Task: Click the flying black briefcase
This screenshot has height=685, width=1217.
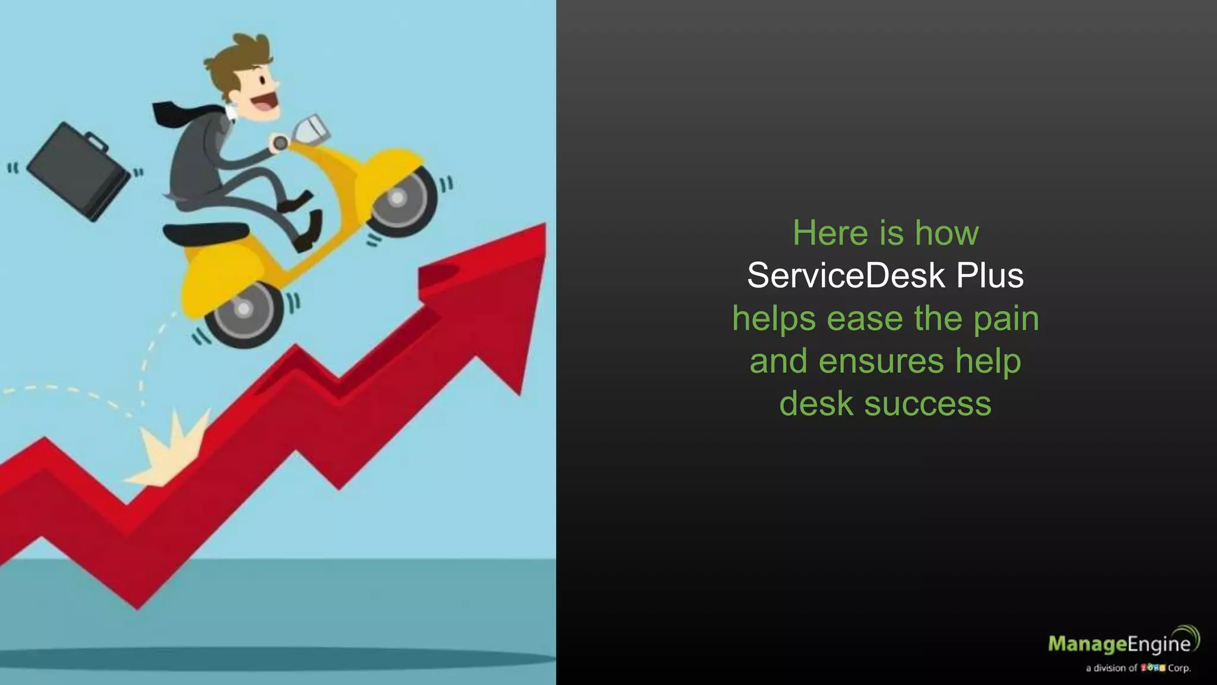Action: (x=78, y=172)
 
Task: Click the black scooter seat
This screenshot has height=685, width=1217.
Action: (x=206, y=232)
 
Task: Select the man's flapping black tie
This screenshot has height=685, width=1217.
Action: (x=184, y=112)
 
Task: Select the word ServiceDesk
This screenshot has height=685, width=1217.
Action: (x=846, y=275)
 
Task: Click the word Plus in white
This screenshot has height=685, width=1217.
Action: (x=990, y=275)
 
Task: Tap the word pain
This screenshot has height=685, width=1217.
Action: (x=1006, y=318)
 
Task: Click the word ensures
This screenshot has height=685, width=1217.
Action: (x=881, y=361)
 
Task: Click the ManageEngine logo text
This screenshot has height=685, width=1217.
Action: (x=1119, y=643)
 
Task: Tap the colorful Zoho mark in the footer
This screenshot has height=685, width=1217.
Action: (x=1153, y=668)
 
